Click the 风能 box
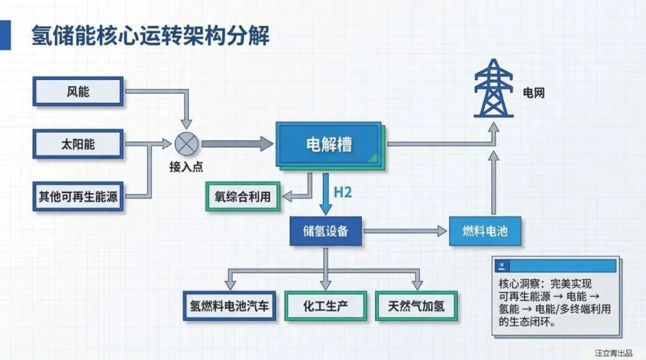coord(78,91)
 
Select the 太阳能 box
coord(78,144)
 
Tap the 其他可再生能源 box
coord(78,197)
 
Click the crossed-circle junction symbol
coord(185,144)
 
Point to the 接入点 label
coord(185,167)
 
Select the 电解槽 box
coord(328,144)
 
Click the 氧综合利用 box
coord(243,196)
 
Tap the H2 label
coord(342,193)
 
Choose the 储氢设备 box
coord(325,231)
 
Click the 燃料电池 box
coord(485,231)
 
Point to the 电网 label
coord(534,93)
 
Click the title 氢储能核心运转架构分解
coord(150,36)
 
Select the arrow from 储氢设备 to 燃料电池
coord(407,231)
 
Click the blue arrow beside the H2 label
coord(325,194)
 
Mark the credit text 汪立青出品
coord(614,352)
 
